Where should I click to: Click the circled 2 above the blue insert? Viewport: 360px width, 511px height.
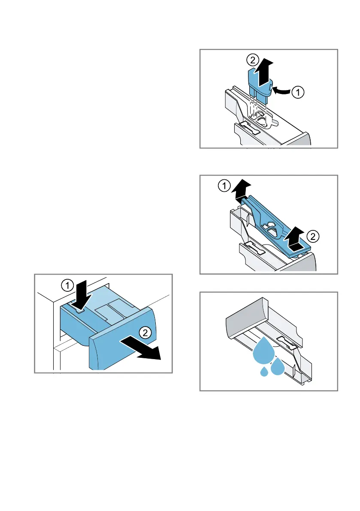click(x=252, y=60)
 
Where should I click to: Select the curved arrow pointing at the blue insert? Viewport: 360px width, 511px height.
click(x=281, y=91)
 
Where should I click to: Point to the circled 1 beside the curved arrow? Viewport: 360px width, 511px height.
click(x=298, y=92)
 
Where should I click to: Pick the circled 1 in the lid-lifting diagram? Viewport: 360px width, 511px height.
click(x=224, y=186)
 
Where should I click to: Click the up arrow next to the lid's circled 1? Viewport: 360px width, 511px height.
click(x=242, y=189)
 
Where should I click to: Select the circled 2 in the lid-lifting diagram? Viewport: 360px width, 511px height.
click(x=313, y=236)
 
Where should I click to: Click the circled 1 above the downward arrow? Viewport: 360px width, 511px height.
click(x=67, y=286)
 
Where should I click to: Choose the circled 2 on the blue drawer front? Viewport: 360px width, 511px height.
click(x=145, y=333)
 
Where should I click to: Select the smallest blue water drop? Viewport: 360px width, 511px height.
click(x=264, y=371)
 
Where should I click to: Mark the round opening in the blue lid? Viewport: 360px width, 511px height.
click(x=270, y=224)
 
